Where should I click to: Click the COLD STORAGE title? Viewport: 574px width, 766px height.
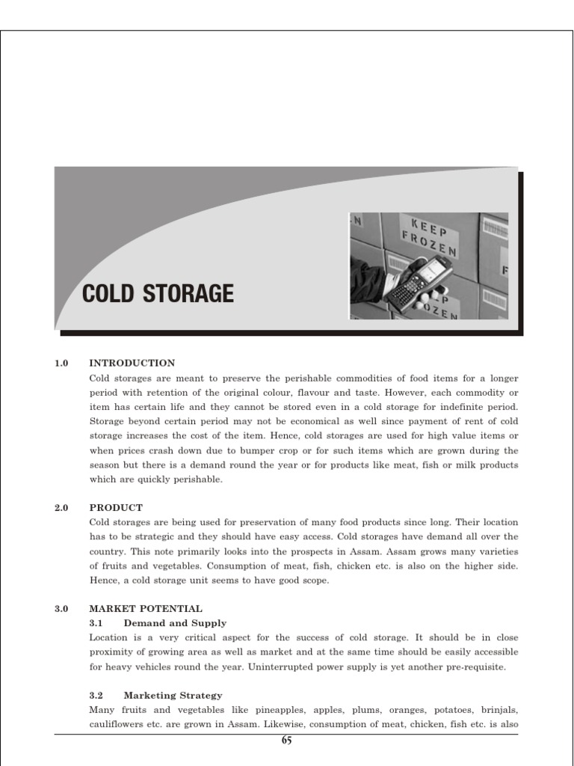pos(158,293)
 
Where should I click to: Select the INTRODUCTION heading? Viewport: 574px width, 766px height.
pos(132,363)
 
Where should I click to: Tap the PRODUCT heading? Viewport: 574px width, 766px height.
pos(116,507)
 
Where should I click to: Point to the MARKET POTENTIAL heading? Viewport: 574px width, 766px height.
pos(145,609)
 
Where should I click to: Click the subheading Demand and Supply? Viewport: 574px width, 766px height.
pos(175,623)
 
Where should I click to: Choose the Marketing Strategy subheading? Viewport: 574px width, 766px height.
pos(173,695)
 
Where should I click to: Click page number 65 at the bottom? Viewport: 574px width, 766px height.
pos(286,741)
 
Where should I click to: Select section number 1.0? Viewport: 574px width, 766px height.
pos(61,363)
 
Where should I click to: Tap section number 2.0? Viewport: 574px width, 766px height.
pos(61,507)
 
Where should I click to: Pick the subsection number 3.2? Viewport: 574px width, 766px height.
pos(96,695)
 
